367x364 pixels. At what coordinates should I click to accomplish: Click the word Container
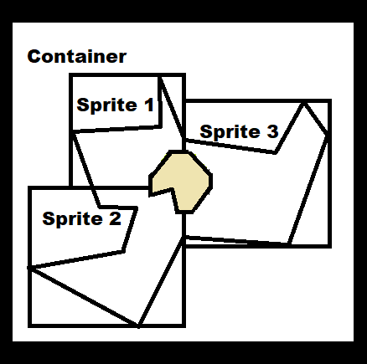[77, 57]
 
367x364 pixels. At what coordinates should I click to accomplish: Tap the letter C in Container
[34, 57]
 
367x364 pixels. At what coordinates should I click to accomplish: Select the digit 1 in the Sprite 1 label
[149, 105]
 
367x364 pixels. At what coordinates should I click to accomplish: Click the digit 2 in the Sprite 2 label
[115, 218]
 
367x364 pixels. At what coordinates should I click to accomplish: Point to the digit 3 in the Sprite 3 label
[272, 131]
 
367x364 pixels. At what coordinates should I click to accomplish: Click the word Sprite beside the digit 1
[107, 105]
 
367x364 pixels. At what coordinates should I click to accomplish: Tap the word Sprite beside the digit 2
[73, 219]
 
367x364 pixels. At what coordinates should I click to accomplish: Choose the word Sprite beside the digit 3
[230, 132]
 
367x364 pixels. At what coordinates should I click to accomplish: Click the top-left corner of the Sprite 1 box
[71, 75]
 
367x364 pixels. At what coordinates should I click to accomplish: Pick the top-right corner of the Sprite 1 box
[184, 75]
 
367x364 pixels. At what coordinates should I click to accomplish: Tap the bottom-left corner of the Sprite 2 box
[29, 326]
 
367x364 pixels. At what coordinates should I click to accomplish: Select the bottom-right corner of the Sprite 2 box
[184, 326]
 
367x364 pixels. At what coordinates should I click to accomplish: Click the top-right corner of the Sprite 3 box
[330, 100]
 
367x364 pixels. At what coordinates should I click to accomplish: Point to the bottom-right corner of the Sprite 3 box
[330, 246]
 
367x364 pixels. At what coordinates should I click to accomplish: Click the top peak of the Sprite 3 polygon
[304, 104]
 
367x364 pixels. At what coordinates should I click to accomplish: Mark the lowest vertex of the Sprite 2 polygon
[138, 326]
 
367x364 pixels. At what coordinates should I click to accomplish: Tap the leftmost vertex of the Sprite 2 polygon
[29, 268]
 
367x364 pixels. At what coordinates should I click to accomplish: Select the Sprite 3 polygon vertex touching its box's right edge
[328, 136]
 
